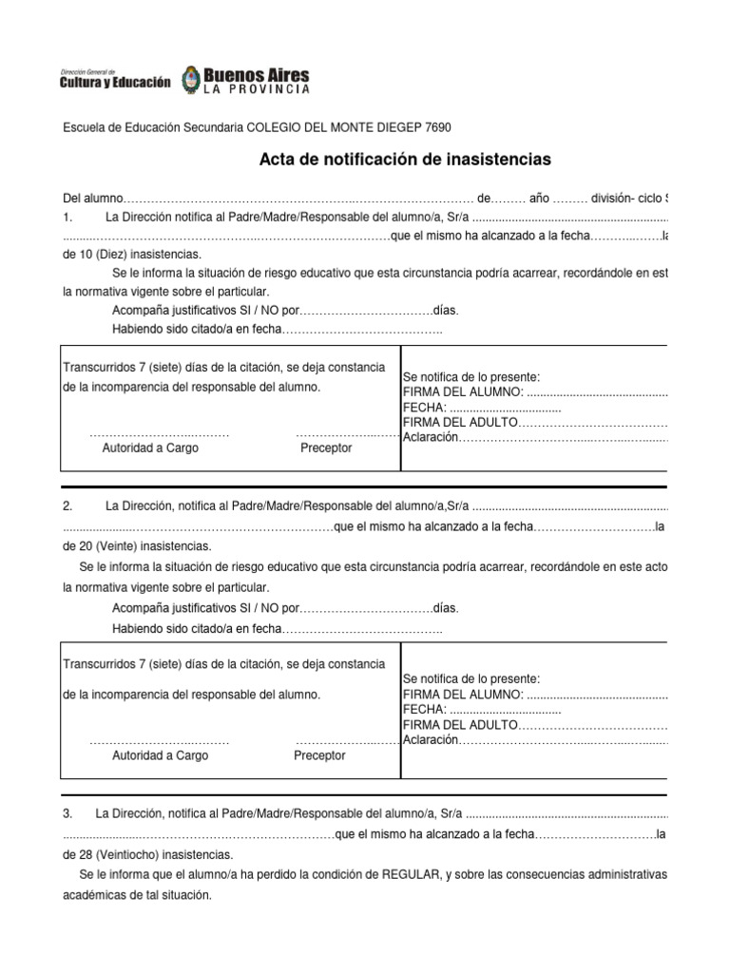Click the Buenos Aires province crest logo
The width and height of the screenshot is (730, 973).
pos(189,80)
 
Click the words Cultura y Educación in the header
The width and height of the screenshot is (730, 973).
pos(115,83)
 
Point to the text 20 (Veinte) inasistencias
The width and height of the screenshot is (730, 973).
pos(137,546)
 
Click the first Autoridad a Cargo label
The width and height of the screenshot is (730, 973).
pos(150,448)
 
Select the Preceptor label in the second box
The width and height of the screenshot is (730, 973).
pos(319,755)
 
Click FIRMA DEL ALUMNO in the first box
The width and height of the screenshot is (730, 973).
pos(463,392)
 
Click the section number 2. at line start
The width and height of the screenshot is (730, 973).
pos(67,506)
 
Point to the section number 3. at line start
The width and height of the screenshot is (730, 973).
pos(67,814)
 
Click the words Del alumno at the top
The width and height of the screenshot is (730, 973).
pos(93,199)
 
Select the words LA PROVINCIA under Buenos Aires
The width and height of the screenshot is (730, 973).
pos(256,89)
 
